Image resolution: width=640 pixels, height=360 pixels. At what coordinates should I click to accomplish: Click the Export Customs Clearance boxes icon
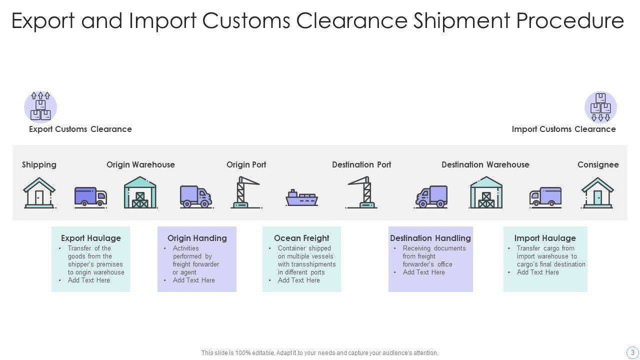(40, 107)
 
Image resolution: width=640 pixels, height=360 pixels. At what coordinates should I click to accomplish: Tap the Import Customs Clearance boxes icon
(600, 107)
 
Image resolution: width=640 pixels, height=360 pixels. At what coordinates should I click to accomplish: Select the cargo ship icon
(301, 197)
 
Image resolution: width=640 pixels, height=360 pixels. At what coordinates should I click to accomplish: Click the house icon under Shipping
(39, 193)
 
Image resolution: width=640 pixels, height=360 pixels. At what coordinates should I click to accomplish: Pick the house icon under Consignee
(597, 193)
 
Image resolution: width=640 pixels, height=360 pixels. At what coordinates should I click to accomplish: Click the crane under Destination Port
(363, 192)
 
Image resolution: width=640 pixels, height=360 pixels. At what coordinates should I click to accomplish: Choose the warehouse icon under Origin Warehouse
(140, 192)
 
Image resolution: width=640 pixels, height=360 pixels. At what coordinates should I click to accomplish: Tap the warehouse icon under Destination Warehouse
(485, 192)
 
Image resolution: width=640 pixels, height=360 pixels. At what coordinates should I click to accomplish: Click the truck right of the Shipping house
(90, 196)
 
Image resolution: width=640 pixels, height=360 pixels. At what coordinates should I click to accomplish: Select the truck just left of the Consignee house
(545, 196)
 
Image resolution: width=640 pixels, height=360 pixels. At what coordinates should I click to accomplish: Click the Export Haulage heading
(91, 238)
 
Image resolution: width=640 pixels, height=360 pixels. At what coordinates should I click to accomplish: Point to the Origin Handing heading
(197, 238)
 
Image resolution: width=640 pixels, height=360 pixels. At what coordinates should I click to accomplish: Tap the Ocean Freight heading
(301, 238)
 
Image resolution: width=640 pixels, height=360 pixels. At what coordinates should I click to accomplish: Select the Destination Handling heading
(430, 238)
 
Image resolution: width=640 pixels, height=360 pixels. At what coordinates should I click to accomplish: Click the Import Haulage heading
(545, 238)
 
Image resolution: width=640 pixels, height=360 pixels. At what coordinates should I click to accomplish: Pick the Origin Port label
(246, 164)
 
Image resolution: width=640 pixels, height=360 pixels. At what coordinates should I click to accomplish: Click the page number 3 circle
(632, 352)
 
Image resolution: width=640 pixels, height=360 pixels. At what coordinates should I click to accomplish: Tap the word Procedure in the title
(569, 21)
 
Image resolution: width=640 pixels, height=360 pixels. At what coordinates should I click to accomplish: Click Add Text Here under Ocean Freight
(298, 280)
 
